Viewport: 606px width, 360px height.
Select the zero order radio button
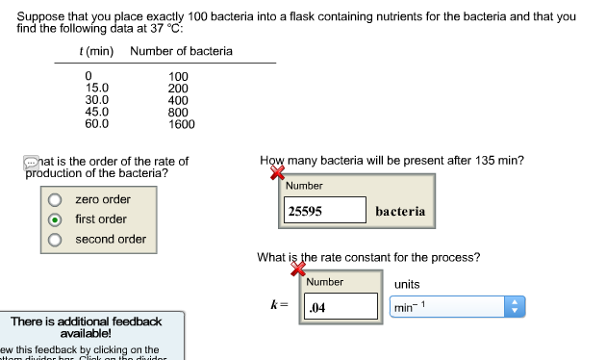(x=56, y=200)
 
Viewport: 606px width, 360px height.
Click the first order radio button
(x=56, y=219)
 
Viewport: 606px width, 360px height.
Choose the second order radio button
(x=56, y=240)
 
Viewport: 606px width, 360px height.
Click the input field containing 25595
(x=325, y=211)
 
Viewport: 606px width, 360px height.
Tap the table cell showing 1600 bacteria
(x=181, y=124)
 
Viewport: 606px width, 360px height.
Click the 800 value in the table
(x=178, y=112)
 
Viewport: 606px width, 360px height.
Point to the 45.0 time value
(x=97, y=112)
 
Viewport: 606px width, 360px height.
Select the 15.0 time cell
(x=97, y=88)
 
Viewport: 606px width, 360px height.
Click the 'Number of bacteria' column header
(x=181, y=51)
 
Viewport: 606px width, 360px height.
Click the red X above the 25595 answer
(x=278, y=173)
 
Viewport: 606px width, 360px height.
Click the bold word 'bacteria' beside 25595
(x=400, y=211)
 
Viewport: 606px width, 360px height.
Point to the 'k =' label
(x=279, y=305)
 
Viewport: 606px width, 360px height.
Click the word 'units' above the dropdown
(x=407, y=285)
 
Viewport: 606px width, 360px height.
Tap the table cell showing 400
(x=178, y=100)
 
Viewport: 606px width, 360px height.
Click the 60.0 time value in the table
(x=97, y=124)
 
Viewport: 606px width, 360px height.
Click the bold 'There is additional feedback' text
(x=86, y=321)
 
